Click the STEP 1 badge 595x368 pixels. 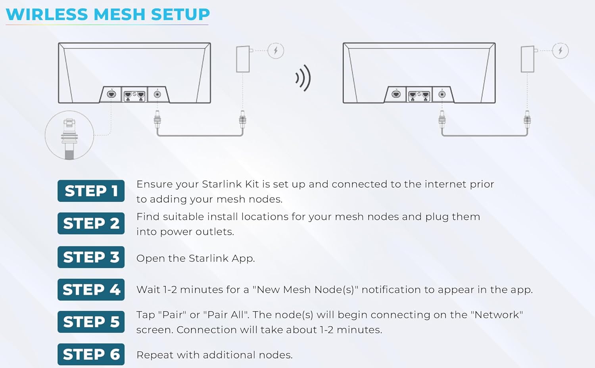[91, 191]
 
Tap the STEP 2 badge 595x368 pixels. [91, 223]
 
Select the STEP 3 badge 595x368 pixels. [91, 257]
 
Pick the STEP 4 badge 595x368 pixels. [91, 289]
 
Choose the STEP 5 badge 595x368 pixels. [91, 322]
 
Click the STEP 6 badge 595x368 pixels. [91, 354]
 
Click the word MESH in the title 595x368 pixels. [119, 14]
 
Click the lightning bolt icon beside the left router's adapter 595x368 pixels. [276, 50]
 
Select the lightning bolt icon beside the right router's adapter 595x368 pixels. [560, 50]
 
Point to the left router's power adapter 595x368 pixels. [243, 59]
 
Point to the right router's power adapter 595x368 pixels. [528, 59]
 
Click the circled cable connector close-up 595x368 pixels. [69, 135]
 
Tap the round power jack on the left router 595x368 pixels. [157, 94]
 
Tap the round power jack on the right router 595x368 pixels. [442, 94]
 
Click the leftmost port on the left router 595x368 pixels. [111, 94]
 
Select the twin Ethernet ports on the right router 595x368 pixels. [419, 95]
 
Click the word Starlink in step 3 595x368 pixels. [209, 258]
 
